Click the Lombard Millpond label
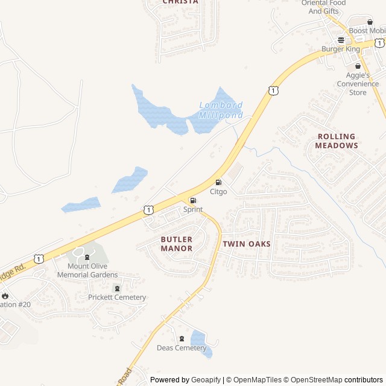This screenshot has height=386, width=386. tap(221, 110)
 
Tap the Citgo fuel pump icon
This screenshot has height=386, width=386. tap(218, 183)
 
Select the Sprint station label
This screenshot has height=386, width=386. tap(193, 209)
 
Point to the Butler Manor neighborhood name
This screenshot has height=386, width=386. tap(177, 244)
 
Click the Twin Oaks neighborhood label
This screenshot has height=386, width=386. tap(247, 244)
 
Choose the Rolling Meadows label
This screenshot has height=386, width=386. tap(337, 141)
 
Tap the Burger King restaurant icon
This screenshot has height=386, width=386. tap(341, 40)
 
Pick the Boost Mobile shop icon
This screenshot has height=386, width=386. tap(370, 22)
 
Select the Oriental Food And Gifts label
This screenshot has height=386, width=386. tap(323, 7)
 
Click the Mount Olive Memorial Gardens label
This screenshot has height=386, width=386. tap(87, 270)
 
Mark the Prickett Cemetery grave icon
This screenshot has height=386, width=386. tap(117, 288)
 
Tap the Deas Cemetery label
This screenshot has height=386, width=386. tap(182, 348)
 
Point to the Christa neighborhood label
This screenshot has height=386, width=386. tap(180, 2)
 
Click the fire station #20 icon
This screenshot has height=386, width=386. tap(5, 296)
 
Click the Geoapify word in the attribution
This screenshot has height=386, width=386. tap(206, 380)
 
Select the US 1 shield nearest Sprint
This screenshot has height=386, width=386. tap(148, 210)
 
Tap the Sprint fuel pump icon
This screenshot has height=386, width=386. tap(193, 200)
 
